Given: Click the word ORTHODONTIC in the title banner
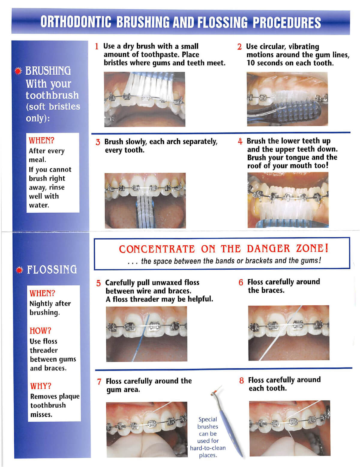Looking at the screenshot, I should pyautogui.click(x=76, y=22).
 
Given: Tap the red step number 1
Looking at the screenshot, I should pyautogui.click(x=97, y=46).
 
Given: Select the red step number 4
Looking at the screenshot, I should pyautogui.click(x=240, y=141).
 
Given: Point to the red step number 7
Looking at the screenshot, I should pyautogui.click(x=99, y=382).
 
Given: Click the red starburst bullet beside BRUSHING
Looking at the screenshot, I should pyautogui.click(x=19, y=71).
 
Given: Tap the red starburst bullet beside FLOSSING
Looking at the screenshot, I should pyautogui.click(x=19, y=270).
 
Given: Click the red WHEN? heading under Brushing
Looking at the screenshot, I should pyautogui.click(x=41, y=140).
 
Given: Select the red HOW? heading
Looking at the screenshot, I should pyautogui.click(x=40, y=331).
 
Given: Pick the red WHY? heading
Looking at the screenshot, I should pyautogui.click(x=40, y=386).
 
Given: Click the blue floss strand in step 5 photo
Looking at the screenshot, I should pyautogui.click(x=145, y=336).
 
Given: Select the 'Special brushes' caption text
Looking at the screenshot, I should pyautogui.click(x=208, y=423).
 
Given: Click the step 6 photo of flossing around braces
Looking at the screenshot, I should pyautogui.click(x=289, y=333).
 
